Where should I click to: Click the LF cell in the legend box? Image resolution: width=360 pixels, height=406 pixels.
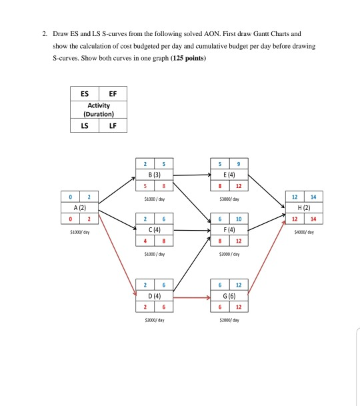(x=112, y=127)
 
